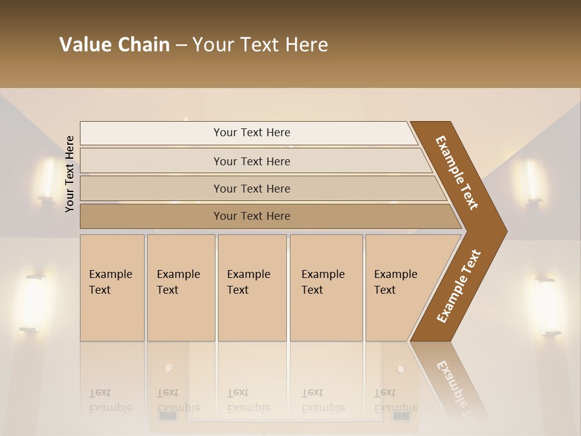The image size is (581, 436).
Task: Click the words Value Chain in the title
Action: point(114,45)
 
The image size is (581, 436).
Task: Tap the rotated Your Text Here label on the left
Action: point(70,174)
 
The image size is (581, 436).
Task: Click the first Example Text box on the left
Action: point(112,288)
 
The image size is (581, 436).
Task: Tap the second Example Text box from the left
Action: point(181,288)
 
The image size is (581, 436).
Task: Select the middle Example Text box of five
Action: point(252,288)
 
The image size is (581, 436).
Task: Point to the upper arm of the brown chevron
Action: point(457,173)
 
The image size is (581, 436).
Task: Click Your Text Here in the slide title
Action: point(260,45)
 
